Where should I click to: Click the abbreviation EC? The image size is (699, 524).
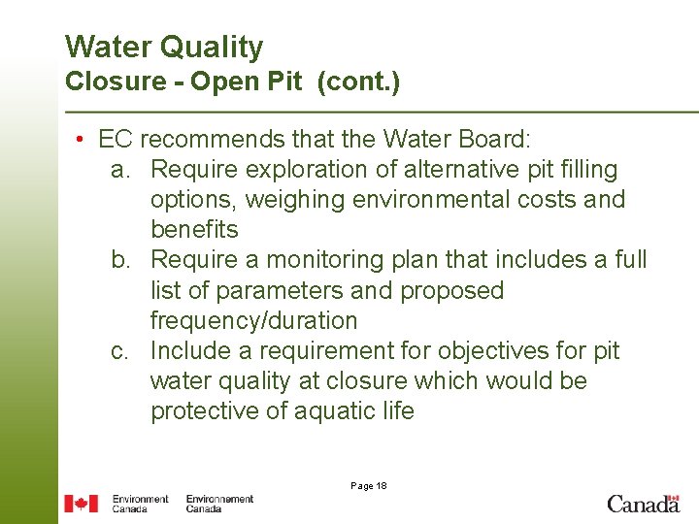[115, 140]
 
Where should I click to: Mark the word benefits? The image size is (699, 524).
[194, 230]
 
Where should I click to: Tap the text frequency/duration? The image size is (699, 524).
[253, 320]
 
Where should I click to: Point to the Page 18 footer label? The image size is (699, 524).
[368, 485]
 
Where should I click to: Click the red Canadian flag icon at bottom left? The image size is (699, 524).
[82, 504]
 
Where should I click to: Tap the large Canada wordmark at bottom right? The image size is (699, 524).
[643, 503]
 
